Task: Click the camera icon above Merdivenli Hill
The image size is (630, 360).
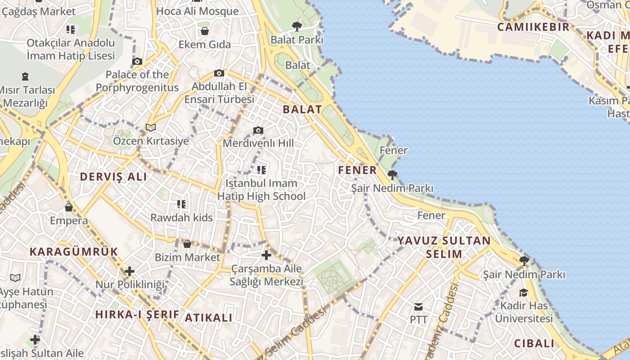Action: click(x=258, y=130)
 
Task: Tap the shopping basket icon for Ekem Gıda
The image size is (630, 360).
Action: click(x=205, y=31)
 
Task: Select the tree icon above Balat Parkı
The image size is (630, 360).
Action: click(x=297, y=27)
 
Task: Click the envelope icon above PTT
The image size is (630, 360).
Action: click(x=418, y=307)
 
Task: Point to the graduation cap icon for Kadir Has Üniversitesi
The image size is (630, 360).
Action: click(x=523, y=292)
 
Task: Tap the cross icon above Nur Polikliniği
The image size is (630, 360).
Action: click(x=130, y=271)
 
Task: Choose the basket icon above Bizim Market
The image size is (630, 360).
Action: click(x=187, y=244)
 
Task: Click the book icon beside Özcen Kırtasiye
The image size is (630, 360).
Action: click(x=151, y=128)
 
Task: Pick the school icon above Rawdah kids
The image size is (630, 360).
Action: click(x=181, y=204)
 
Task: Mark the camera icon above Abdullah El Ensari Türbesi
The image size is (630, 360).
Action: click(x=219, y=73)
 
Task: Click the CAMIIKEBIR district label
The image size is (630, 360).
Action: click(x=533, y=27)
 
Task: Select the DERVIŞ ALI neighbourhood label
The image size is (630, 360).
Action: click(x=113, y=177)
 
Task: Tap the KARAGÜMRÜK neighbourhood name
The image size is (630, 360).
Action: click(x=74, y=252)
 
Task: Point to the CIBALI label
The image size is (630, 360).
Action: click(x=535, y=343)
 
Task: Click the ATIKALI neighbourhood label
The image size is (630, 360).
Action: click(x=209, y=318)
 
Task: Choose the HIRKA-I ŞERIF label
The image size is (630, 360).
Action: click(x=137, y=315)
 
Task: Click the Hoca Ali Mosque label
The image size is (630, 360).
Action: click(x=198, y=11)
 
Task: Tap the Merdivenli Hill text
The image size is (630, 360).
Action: click(x=258, y=143)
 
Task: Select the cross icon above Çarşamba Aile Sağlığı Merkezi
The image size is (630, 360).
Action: click(x=266, y=255)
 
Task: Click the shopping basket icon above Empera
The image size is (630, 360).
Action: click(x=69, y=207)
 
